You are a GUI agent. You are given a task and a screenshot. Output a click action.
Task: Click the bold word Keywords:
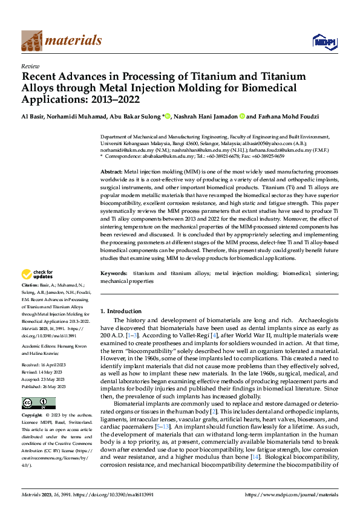tap(114, 274)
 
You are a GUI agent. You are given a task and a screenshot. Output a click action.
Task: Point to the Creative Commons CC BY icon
tap(38, 403)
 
